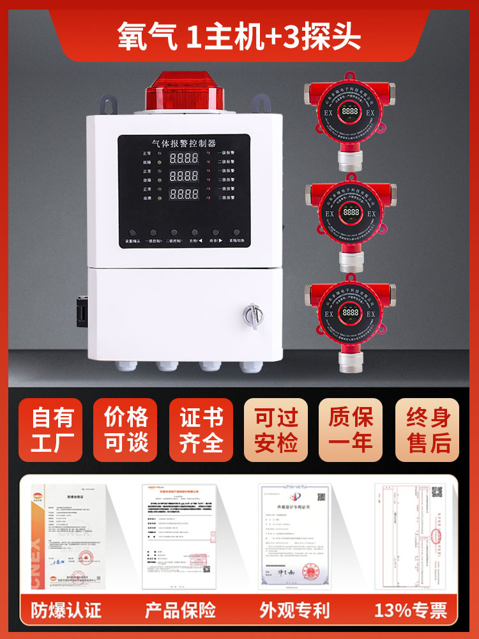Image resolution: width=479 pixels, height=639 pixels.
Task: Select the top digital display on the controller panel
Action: coord(182,157)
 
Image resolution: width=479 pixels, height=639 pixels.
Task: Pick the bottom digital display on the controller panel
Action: coord(182,194)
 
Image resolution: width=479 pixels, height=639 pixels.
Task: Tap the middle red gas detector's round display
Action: coord(350,213)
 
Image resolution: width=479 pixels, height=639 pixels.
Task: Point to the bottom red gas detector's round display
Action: coord(350,313)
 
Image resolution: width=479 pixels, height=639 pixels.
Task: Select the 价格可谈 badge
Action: coord(126,429)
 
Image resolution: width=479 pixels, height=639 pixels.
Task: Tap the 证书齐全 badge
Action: coord(201,429)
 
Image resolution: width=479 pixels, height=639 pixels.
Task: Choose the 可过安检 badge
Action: coord(277,429)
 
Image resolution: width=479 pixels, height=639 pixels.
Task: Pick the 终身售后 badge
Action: coord(427,429)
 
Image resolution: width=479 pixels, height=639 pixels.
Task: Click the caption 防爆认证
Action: coord(66,610)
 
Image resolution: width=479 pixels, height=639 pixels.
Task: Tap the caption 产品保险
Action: coord(180,610)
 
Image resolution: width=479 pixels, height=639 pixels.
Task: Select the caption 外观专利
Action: coord(294,610)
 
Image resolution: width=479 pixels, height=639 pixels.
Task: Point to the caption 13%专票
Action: coord(411,610)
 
